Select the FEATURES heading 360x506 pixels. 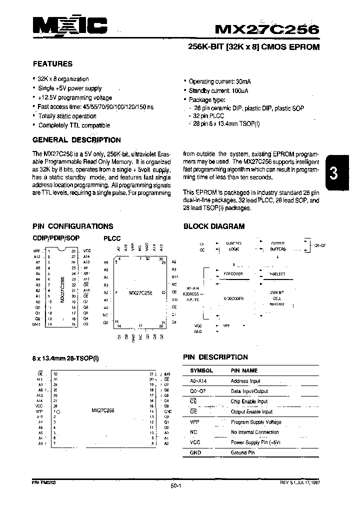[52, 64]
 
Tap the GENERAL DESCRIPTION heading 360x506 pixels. [76, 140]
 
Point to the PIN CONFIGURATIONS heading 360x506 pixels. [73, 226]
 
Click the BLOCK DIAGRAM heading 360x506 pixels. [214, 226]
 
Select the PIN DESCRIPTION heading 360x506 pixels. [215, 357]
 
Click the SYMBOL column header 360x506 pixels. [201, 371]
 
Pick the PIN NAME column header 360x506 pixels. [244, 371]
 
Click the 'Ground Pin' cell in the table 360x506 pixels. [242, 453]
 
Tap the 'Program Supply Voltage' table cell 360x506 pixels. [256, 422]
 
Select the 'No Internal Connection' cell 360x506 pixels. [255, 432]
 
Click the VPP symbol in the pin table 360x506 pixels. [194, 422]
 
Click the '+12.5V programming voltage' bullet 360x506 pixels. [75, 98]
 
